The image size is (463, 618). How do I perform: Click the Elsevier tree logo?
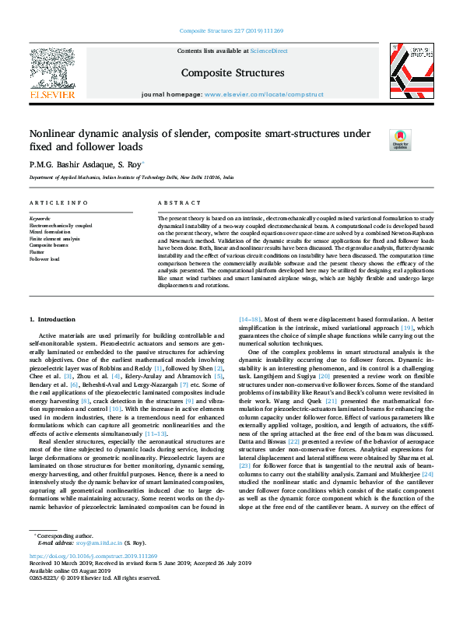coord(51,68)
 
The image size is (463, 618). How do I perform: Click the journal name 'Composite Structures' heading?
coord(231,73)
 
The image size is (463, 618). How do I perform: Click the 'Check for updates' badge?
coord(399,140)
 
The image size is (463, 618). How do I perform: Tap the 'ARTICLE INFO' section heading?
coord(58,203)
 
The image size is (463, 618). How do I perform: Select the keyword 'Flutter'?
coord(36,252)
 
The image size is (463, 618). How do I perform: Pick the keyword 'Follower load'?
coord(44,258)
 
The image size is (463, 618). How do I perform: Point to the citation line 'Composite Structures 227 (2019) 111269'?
coord(231,30)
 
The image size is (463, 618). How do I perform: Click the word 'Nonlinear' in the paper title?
coord(54,133)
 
